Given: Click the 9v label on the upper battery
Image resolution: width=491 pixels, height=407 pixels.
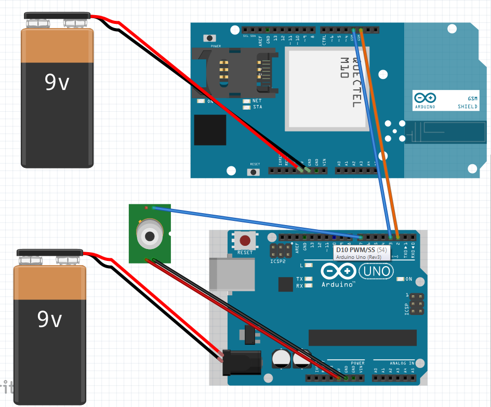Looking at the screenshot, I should [x=57, y=82].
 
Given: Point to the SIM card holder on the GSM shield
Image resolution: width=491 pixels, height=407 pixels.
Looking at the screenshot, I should [x=229, y=73].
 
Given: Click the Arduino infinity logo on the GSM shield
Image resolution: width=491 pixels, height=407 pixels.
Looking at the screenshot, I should [x=425, y=97].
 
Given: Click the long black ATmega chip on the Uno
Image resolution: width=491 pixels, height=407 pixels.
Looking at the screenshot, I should [x=362, y=337].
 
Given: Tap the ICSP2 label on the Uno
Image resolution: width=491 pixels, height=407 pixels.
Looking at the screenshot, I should [x=278, y=261].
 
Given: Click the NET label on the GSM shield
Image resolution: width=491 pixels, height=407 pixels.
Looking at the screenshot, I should [x=257, y=101].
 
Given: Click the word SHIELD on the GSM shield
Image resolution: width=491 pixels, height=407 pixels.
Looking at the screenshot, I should [x=468, y=107].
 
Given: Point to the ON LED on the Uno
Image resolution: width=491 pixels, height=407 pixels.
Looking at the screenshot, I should [x=400, y=279].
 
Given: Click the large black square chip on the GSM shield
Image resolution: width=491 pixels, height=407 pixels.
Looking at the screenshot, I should [x=210, y=130].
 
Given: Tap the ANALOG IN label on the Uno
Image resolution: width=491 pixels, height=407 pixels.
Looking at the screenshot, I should [x=402, y=363].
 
